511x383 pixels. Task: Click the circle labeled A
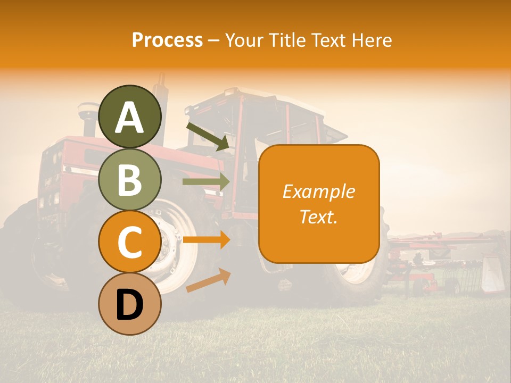click(x=130, y=116)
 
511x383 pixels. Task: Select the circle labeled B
click(x=130, y=179)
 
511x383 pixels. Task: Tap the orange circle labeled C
click(x=130, y=242)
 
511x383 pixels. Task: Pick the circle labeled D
click(x=130, y=304)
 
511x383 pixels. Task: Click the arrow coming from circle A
click(x=208, y=136)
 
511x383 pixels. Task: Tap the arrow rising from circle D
click(x=208, y=280)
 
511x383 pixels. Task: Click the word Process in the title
click(x=167, y=40)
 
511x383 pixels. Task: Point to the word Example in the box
click(x=319, y=191)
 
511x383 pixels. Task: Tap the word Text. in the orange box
click(x=319, y=217)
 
